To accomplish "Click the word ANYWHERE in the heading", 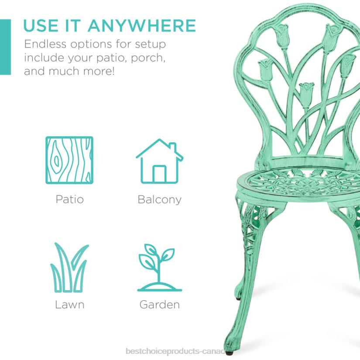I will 142,26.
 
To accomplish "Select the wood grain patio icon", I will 69,160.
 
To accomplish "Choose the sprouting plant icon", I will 159,267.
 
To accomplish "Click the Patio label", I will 69,199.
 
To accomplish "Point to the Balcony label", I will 159,199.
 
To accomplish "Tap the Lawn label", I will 69,304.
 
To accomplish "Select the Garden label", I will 159,304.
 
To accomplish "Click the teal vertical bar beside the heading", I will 5,47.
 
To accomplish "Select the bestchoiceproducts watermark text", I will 175,351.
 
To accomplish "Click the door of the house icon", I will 159,174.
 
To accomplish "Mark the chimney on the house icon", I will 173,147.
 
